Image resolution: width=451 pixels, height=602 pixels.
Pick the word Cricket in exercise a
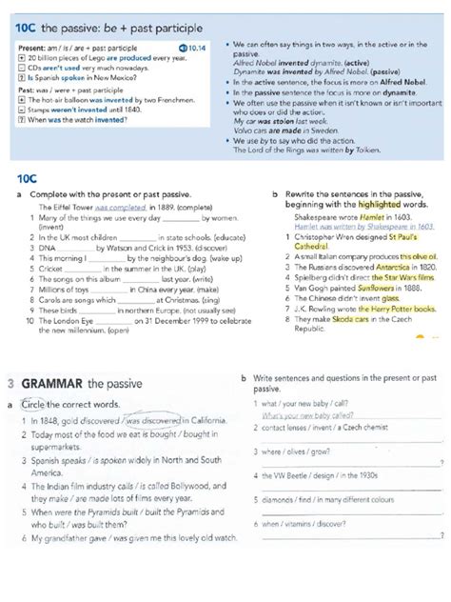(x=51, y=269)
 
